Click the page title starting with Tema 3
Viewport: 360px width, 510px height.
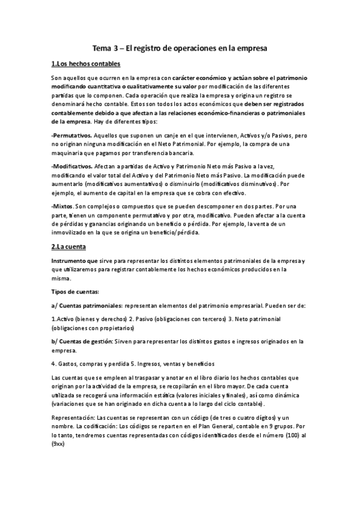click(180, 47)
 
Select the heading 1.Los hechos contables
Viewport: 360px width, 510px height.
click(85, 64)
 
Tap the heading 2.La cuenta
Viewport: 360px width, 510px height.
click(69, 247)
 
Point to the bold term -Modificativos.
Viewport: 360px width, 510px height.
click(72, 165)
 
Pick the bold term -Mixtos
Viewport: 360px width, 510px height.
click(63, 206)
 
